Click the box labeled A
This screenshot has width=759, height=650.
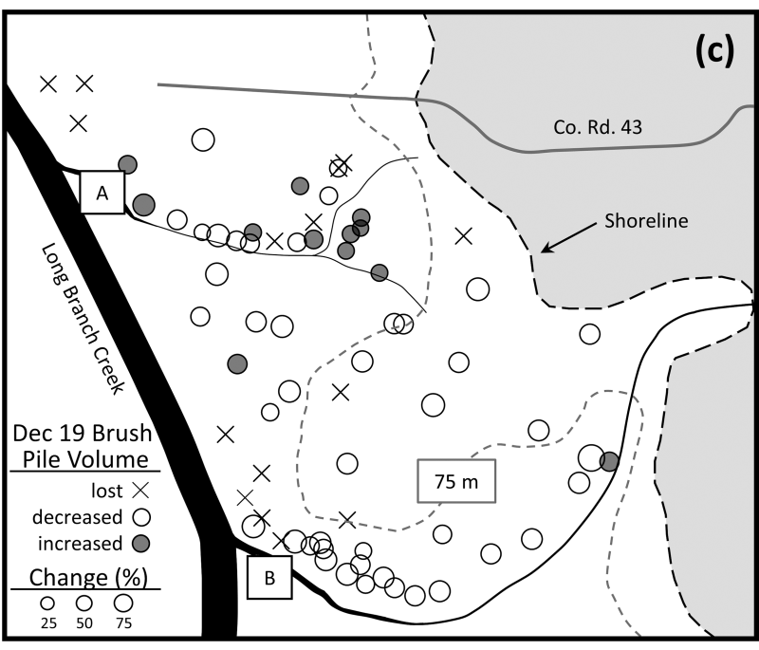[102, 192]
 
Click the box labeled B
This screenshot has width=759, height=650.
[269, 577]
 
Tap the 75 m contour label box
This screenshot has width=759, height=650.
[456, 481]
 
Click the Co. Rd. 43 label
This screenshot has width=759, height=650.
[598, 127]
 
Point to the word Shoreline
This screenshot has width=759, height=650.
[646, 221]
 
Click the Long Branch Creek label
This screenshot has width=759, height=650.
[83, 319]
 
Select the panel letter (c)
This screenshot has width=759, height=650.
[714, 51]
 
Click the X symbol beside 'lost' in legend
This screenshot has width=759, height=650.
[140, 491]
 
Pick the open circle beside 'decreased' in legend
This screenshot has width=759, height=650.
[141, 517]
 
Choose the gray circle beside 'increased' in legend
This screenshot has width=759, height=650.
[141, 544]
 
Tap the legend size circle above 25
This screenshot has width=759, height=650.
[47, 604]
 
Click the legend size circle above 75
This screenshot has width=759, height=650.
[123, 604]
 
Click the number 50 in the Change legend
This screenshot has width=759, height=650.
[84, 622]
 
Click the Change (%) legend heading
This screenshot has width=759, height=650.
[88, 577]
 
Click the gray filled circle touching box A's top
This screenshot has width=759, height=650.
[127, 164]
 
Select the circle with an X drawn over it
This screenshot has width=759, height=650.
[339, 168]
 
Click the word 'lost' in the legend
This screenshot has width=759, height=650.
[107, 491]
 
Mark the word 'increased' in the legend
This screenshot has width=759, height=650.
[80, 544]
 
